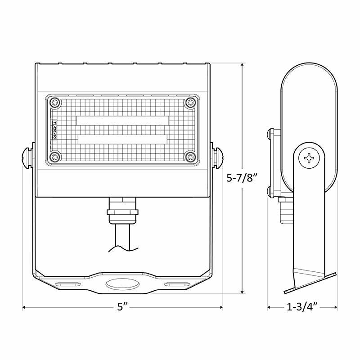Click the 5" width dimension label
tap(122, 308)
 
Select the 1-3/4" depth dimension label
tap(302, 308)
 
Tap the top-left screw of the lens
tap(54, 103)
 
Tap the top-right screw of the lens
tap(190, 103)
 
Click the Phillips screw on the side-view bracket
tap(310, 158)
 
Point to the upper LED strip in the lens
tap(122, 121)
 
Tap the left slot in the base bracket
tap(67, 284)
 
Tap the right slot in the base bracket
tap(178, 284)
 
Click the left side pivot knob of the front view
tap(27, 156)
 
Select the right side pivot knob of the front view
tap(218, 156)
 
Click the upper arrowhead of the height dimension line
tap(243, 66)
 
